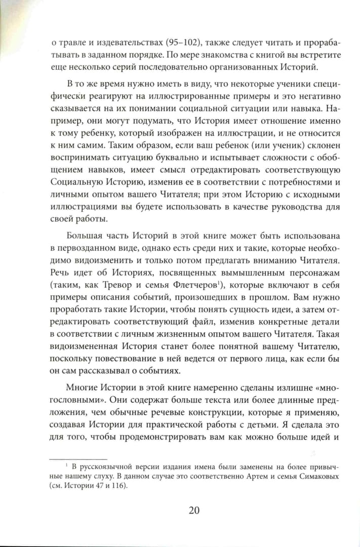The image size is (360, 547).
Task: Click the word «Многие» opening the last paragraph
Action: click(x=86, y=384)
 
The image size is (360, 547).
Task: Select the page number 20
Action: click(x=194, y=510)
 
